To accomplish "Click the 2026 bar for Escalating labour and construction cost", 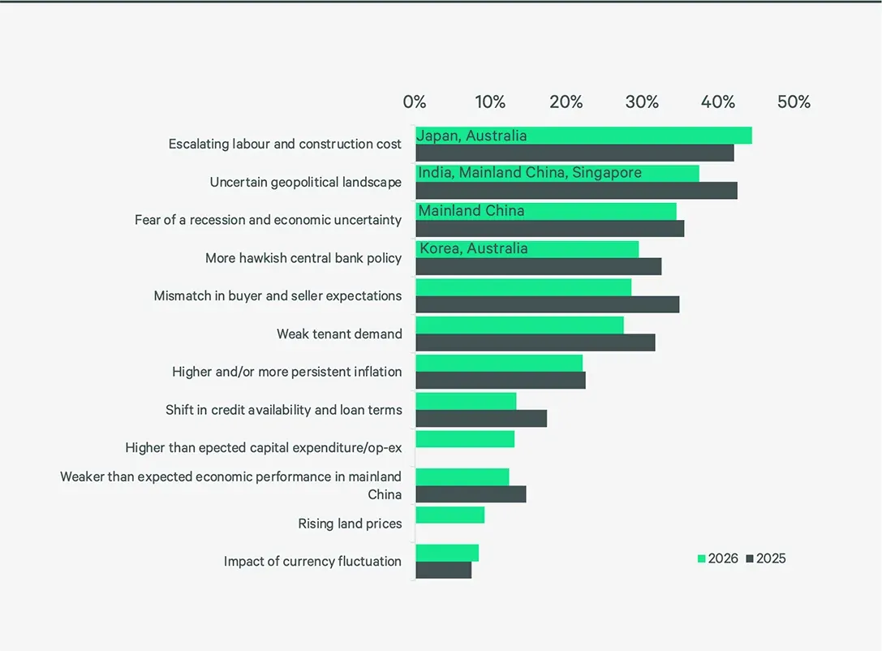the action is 584,136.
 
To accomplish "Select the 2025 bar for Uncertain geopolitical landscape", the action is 577,191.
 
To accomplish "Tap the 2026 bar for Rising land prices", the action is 450,515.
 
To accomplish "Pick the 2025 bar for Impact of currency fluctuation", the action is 444,570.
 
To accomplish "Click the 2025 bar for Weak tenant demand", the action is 536,343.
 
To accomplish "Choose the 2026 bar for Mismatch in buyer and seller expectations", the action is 523,287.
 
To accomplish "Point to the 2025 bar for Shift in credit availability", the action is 481,419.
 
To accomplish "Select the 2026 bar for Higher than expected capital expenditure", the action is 465,439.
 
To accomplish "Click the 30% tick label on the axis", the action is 642,101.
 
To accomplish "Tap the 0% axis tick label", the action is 415,101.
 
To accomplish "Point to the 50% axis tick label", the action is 794,101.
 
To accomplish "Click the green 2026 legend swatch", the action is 701,558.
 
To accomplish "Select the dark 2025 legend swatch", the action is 750,558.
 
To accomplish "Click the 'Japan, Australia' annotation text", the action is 471,136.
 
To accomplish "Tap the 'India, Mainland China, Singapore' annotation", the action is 529,173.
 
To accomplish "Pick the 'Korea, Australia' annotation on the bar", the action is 474,248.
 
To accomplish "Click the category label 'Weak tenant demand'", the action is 339,334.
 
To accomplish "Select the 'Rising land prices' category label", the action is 350,524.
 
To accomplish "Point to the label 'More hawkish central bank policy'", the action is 303,258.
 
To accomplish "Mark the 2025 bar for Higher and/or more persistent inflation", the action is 501,381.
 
